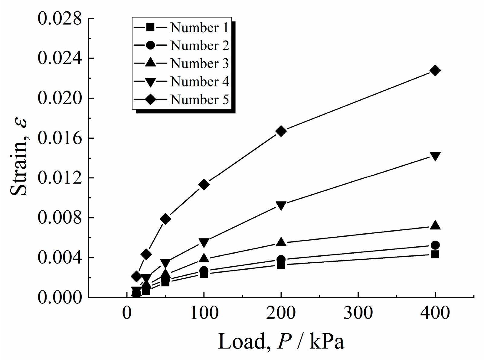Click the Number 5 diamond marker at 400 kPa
435,71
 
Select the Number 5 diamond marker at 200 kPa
281,131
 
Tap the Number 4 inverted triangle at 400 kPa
435,156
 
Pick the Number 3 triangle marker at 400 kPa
435,225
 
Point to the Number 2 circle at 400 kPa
435,245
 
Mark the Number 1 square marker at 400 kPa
435,254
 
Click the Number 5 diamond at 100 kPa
204,185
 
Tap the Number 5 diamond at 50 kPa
165,219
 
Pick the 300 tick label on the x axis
358,313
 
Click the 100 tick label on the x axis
204,313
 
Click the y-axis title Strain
19,157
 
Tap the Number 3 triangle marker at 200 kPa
281,242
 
